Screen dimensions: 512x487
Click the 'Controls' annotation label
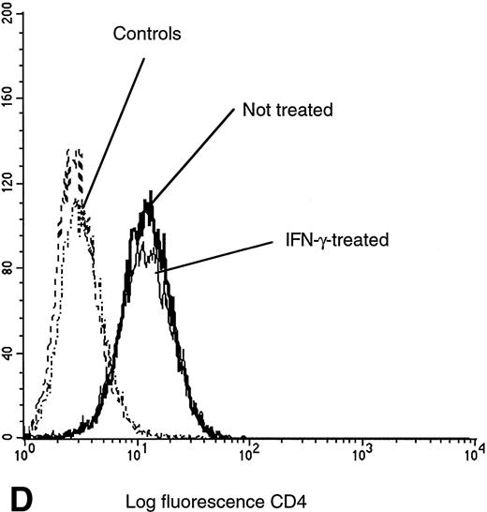click(x=146, y=35)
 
